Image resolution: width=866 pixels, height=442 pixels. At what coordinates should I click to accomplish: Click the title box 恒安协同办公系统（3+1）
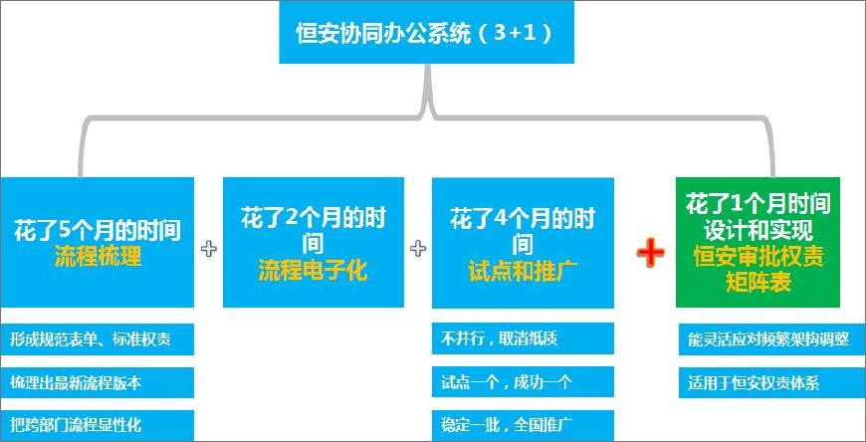pos(426,32)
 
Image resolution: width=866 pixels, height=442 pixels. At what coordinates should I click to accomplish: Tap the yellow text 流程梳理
pos(98,257)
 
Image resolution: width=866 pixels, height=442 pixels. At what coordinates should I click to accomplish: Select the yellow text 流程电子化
pos(314,271)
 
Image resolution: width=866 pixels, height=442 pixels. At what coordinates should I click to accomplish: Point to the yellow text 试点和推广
pos(523,271)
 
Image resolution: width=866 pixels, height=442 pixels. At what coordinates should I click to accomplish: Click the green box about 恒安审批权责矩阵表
pos(758,242)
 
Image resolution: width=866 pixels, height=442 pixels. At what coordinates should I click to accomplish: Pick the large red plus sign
pos(650,254)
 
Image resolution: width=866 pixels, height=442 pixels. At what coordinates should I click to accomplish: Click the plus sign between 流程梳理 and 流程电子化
pos(208,249)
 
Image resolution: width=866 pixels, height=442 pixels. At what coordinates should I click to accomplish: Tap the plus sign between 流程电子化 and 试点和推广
pos(417,249)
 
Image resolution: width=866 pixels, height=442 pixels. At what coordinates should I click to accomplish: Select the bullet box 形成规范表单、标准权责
pos(97,338)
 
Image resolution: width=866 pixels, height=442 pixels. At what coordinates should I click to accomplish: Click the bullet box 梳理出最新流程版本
pos(97,382)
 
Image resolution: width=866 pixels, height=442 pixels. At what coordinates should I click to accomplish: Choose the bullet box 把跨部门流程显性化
pos(97,425)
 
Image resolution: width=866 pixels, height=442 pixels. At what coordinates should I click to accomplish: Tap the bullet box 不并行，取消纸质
pos(523,338)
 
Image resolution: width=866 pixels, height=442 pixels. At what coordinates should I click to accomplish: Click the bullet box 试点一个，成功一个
pos(523,382)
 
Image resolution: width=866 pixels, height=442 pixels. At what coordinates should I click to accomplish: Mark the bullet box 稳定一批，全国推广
pos(523,425)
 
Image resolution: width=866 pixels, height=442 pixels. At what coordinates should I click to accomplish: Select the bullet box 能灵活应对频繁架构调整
pos(772,338)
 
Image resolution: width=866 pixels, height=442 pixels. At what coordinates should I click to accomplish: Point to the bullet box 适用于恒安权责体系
pos(772,382)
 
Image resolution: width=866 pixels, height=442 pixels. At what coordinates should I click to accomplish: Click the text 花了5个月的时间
pos(98,231)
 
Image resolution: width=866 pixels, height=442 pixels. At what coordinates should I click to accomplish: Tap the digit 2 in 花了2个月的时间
pos(293,218)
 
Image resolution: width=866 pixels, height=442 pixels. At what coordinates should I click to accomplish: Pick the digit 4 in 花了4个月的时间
pos(501,218)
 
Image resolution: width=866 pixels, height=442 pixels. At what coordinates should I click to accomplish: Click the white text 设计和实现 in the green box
pos(758,230)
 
